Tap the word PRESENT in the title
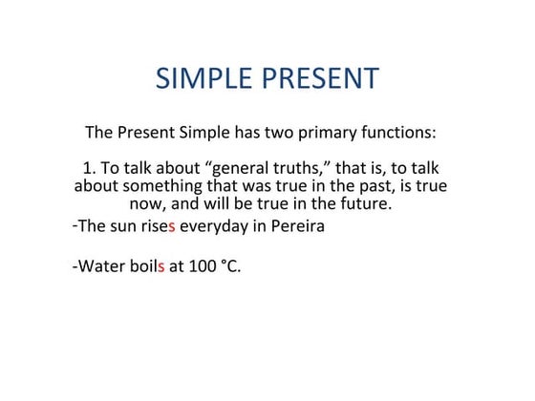tap(318, 78)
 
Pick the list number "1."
tap(78, 168)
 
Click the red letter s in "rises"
tap(172, 227)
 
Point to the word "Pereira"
tap(296, 227)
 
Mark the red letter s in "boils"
tap(161, 265)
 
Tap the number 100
tap(202, 265)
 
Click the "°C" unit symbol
tap(230, 265)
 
